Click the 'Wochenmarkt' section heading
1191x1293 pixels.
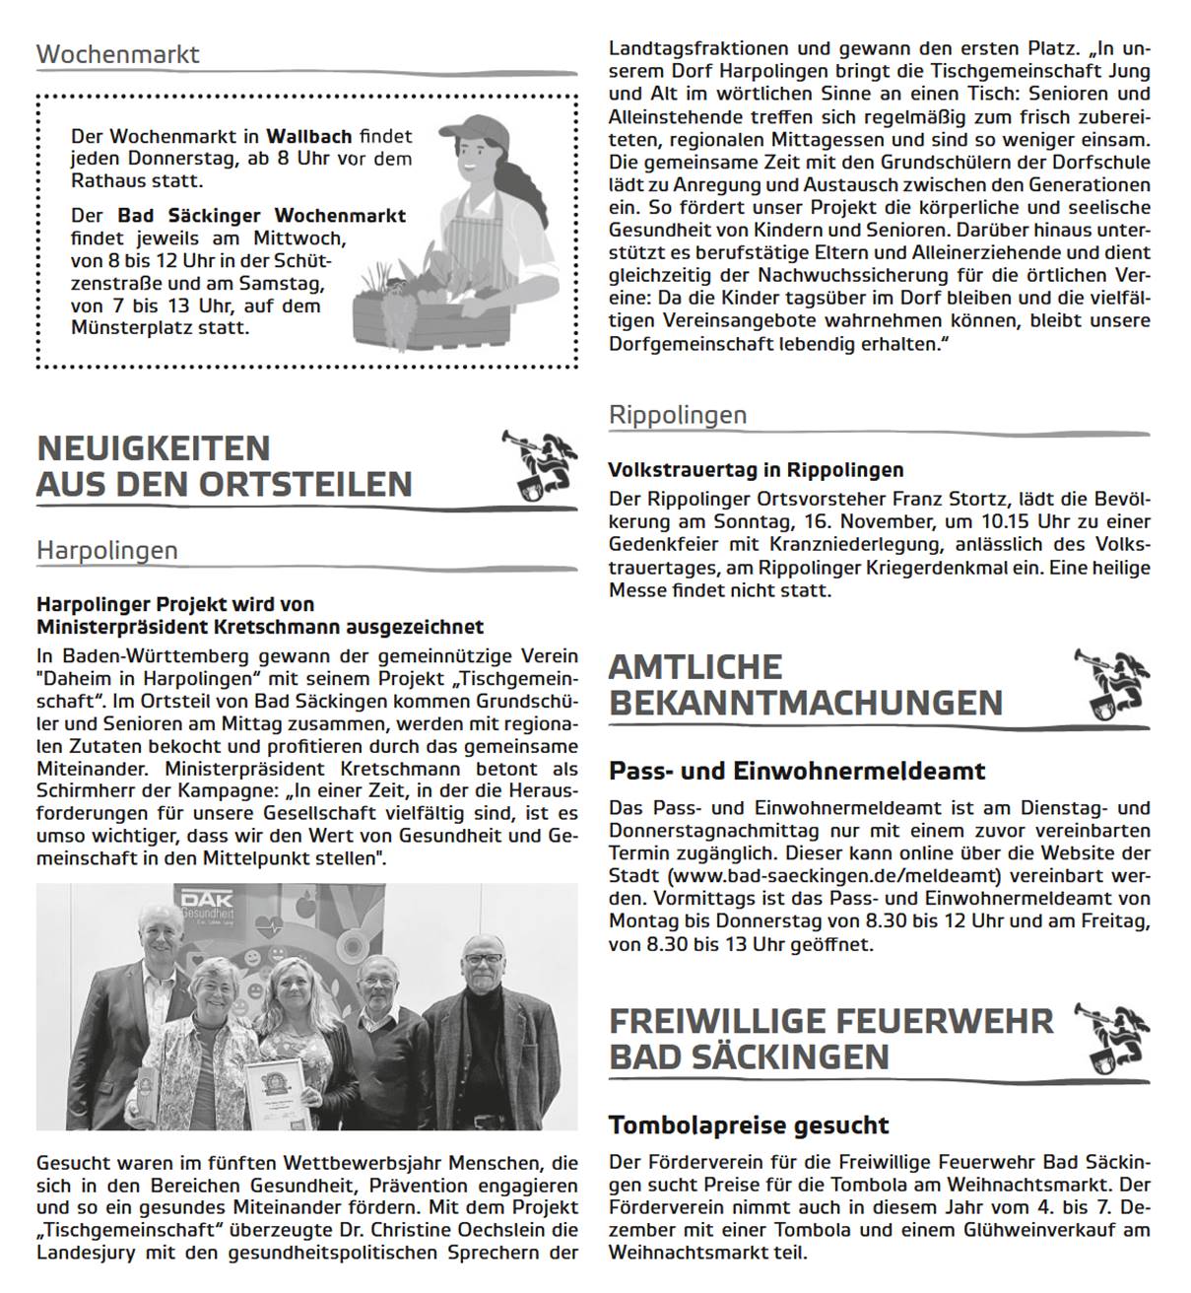(x=117, y=53)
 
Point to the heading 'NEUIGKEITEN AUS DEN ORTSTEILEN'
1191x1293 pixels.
(x=224, y=466)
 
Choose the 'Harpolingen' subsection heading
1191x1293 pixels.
(x=107, y=550)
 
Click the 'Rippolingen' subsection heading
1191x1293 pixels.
(x=678, y=415)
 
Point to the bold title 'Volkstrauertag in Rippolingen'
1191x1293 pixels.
(x=756, y=470)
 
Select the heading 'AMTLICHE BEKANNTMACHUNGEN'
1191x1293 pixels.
(x=805, y=685)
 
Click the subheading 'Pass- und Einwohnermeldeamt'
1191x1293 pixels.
(x=797, y=770)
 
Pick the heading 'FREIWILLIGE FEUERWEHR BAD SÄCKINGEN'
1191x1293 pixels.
(x=830, y=1039)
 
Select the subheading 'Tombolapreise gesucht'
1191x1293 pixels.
(x=749, y=1124)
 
